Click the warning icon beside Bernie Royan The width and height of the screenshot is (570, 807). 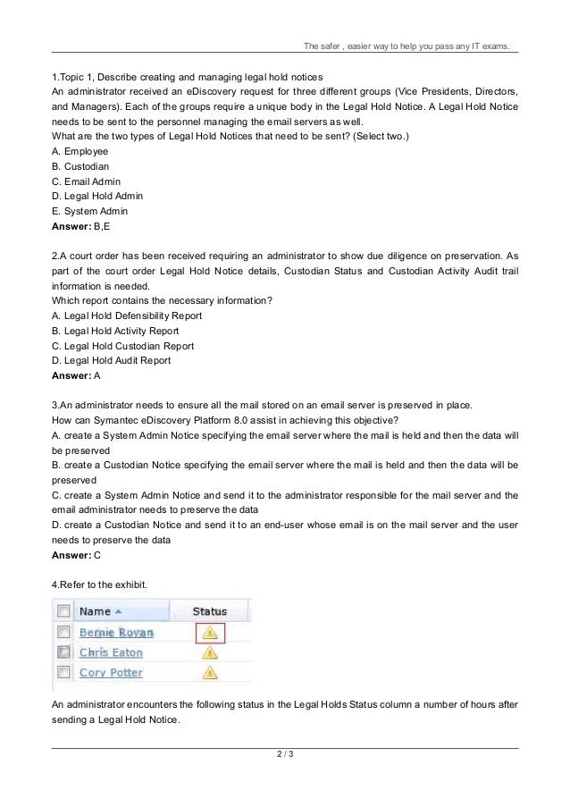click(x=210, y=633)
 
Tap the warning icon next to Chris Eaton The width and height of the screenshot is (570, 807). click(x=210, y=652)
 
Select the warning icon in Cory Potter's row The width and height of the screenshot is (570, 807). click(x=210, y=672)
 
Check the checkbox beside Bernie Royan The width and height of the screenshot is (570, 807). click(x=63, y=633)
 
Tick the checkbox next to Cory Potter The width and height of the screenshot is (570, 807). click(x=63, y=672)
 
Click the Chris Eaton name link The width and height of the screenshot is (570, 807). click(x=110, y=652)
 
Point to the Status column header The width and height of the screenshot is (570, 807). click(x=210, y=611)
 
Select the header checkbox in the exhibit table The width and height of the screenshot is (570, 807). click(x=63, y=611)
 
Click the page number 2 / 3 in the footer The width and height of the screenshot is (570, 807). click(x=285, y=758)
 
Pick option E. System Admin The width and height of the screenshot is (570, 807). click(x=90, y=211)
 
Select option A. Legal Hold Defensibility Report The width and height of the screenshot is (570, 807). click(x=127, y=315)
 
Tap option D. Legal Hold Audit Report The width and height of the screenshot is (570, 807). click(x=111, y=360)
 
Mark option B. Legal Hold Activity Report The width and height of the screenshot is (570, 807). click(x=115, y=331)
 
